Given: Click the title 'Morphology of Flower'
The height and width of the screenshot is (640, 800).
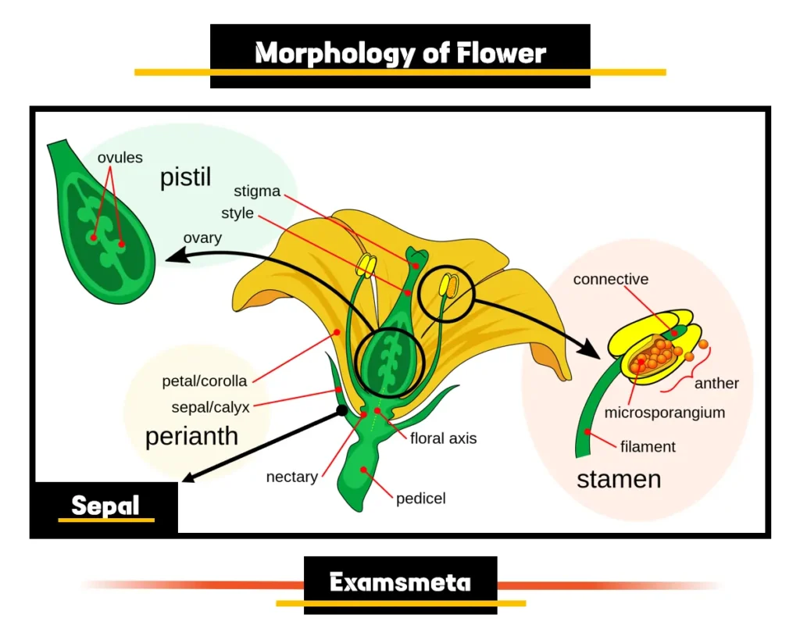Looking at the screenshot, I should click(400, 53).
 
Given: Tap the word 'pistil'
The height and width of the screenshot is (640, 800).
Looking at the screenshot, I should click(186, 177).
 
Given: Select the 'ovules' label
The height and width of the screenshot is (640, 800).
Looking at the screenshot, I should click(120, 158).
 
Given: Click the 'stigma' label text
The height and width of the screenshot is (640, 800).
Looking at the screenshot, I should click(257, 191).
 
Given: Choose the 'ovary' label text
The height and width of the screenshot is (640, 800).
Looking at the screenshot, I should click(202, 238).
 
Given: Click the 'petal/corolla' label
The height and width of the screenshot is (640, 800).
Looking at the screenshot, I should click(205, 381).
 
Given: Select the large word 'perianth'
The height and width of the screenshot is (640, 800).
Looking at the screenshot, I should click(191, 435).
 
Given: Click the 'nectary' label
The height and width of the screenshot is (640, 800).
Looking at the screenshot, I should click(291, 477).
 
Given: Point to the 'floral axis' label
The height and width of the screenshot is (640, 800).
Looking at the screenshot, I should click(443, 438).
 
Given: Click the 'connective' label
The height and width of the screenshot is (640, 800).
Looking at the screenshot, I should click(610, 279).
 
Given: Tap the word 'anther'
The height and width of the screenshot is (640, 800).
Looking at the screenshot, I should click(716, 383).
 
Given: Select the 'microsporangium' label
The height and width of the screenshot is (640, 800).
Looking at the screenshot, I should click(664, 412).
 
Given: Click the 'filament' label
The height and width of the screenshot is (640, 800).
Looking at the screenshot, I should click(648, 447).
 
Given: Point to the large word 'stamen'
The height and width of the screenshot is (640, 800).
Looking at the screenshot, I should click(619, 478).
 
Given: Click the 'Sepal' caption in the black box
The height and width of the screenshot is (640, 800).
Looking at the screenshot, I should click(105, 506).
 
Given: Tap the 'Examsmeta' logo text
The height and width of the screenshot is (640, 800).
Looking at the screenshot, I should click(400, 582).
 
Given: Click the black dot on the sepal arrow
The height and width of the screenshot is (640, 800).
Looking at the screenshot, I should click(341, 409).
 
